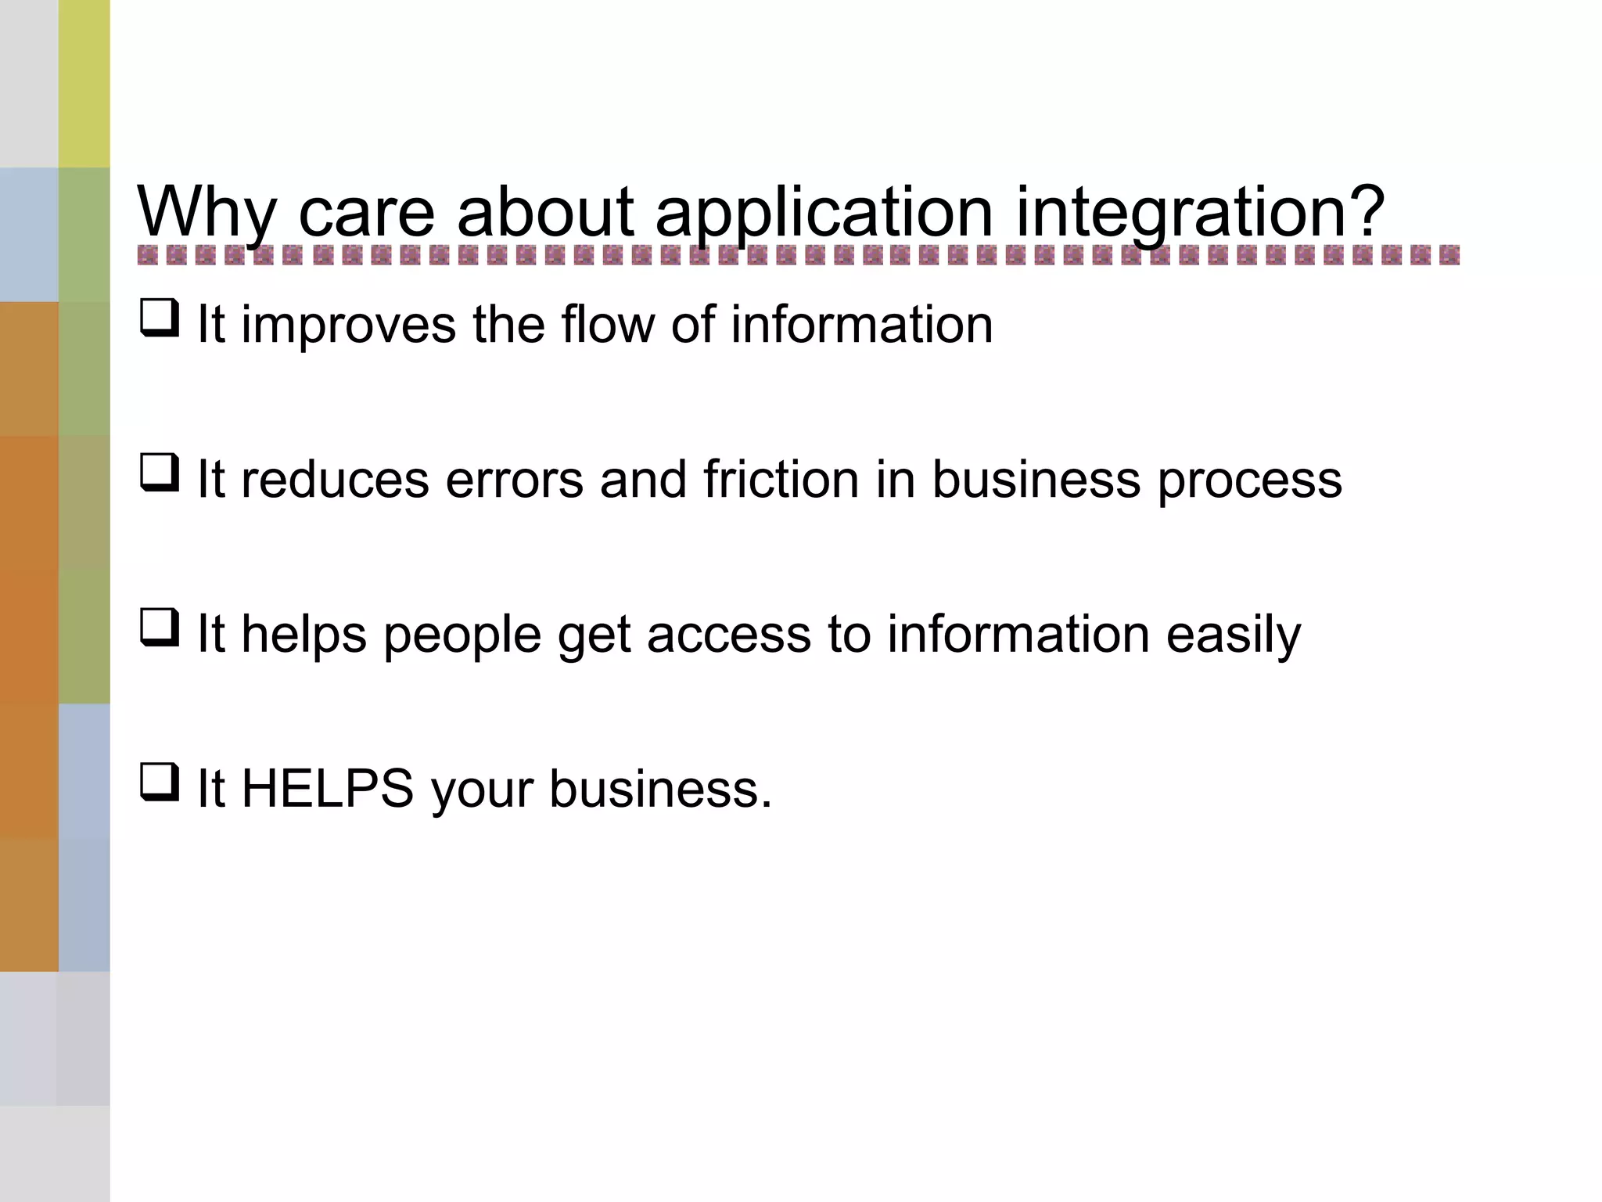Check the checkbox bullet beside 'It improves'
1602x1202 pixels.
pyautogui.click(x=160, y=319)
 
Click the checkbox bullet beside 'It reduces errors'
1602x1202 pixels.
pyautogui.click(x=160, y=473)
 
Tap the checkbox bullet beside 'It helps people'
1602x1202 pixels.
pyautogui.click(x=160, y=628)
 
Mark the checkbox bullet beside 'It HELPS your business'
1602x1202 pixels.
pyautogui.click(x=160, y=783)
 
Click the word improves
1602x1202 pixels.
pyautogui.click(x=348, y=326)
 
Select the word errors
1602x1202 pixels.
pyautogui.click(x=514, y=480)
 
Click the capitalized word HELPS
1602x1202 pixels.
pyautogui.click(x=327, y=789)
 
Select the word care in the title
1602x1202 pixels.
pyautogui.click(x=366, y=213)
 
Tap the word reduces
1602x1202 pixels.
pyautogui.click(x=335, y=480)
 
